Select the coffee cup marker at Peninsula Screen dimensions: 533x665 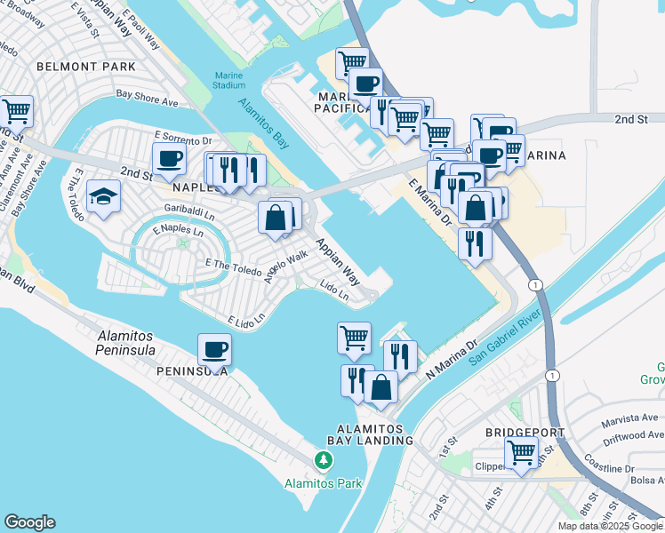coord(214,349)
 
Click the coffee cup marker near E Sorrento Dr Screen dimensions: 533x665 coord(169,161)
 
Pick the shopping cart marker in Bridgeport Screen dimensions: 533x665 coord(521,452)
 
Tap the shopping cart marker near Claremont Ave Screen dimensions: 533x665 coord(16,111)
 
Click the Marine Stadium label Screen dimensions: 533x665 coord(228,80)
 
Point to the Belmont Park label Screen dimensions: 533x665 coord(86,67)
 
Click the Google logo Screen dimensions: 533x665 coord(29,522)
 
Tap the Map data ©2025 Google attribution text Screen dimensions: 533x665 coord(610,526)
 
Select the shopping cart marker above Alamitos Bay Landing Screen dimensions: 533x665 coord(354,337)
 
